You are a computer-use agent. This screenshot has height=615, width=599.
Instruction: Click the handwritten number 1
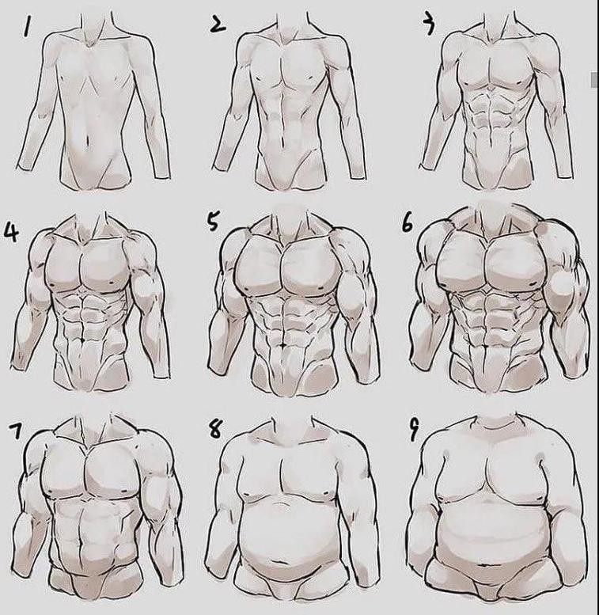26,27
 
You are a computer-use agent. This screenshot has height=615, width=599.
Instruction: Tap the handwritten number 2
218,24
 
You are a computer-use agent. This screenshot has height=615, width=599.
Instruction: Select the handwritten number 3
430,25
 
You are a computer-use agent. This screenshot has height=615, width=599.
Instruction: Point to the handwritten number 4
11,232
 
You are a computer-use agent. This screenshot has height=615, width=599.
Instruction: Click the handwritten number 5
213,222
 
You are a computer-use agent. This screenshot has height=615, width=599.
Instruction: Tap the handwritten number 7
16,431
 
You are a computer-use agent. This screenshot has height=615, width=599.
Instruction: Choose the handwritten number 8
215,430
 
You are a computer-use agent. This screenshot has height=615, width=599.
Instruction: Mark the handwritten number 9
414,431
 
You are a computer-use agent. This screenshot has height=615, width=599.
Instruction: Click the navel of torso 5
283,345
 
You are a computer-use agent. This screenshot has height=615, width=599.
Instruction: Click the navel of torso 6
488,346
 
